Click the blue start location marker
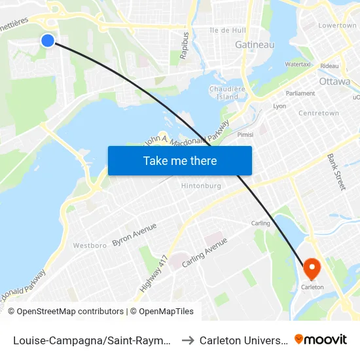(48, 41)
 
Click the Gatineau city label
(255, 45)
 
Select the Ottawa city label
(335, 81)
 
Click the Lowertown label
(336, 26)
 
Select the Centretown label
(319, 113)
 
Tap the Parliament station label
(300, 94)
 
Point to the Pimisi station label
(245, 135)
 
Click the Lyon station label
(279, 105)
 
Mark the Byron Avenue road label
(134, 234)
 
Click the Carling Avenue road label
(204, 251)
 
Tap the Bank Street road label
(336, 172)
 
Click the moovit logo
(321, 339)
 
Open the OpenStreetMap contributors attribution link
(65, 312)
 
